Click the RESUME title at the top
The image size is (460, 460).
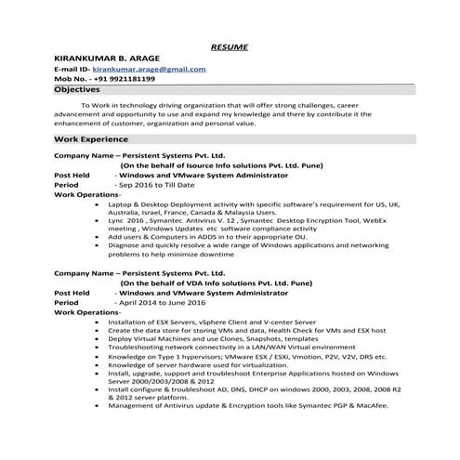point(229,46)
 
